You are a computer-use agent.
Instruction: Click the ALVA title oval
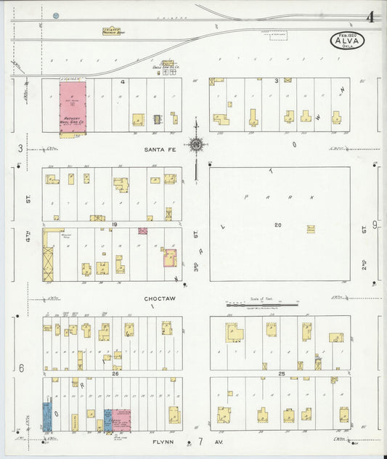[x=349, y=41]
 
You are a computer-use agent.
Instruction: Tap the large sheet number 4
[x=370, y=17]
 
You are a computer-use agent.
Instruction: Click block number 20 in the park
[x=277, y=225]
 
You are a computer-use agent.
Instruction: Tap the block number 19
[x=115, y=225]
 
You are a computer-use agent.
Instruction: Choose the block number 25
[x=280, y=373]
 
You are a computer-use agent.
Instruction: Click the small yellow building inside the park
[x=311, y=229]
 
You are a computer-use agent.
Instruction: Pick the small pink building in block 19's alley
[x=143, y=231]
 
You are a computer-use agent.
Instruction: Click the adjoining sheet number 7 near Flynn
[x=200, y=441]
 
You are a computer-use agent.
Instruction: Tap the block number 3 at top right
[x=276, y=81]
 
